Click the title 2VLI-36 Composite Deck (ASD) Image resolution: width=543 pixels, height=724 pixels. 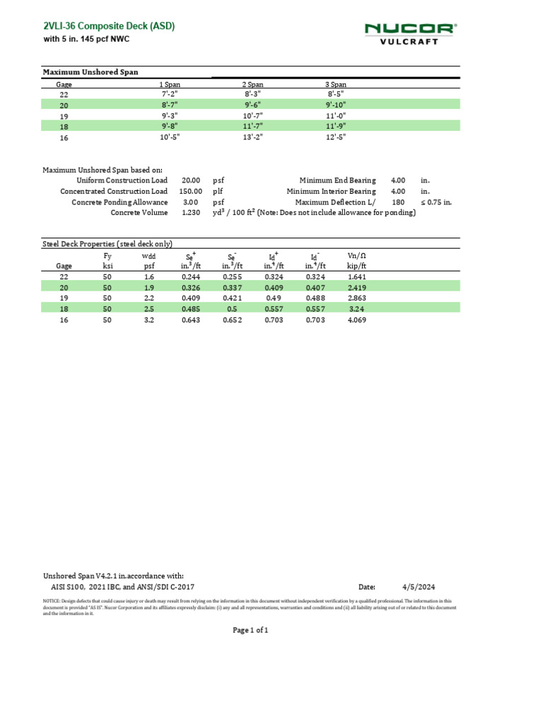tap(109, 26)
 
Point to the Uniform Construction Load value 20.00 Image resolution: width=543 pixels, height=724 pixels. tap(192, 181)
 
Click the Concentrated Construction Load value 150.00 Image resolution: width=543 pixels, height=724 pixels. tap(190, 192)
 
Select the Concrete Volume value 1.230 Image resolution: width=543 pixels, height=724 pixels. tap(192, 212)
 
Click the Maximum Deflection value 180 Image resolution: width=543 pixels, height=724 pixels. tap(397, 202)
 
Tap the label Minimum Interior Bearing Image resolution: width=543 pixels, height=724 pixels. tap(331, 192)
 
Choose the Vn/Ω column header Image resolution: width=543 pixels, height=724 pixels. tap(356, 255)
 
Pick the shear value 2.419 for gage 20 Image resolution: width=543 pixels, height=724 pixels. tap(356, 288)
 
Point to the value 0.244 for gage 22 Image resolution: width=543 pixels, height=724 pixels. tap(192, 278)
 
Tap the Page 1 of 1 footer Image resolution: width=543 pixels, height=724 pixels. tap(250, 630)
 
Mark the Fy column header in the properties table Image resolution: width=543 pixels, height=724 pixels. tap(107, 255)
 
